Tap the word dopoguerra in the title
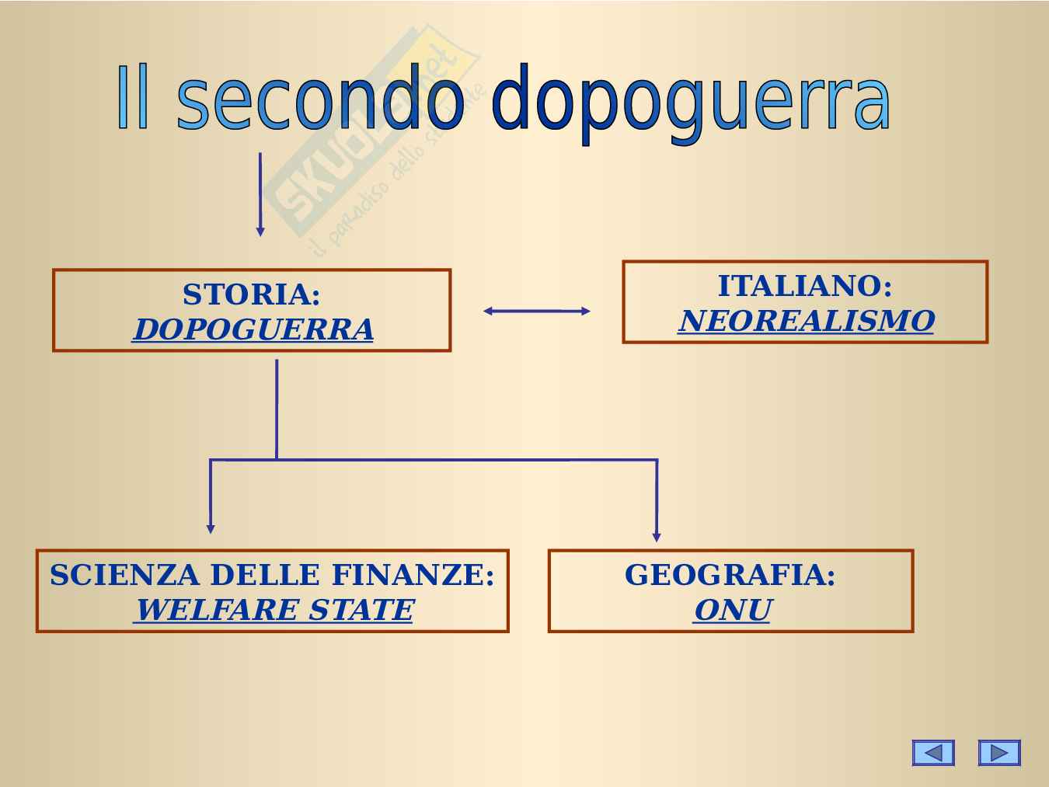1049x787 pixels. pyautogui.click(x=692, y=103)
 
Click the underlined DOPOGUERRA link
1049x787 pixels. pyautogui.click(x=253, y=329)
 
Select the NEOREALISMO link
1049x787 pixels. pyautogui.click(x=807, y=321)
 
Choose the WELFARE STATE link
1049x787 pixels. pyautogui.click(x=274, y=610)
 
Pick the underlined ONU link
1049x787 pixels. pyautogui.click(x=732, y=610)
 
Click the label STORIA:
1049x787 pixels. pyautogui.click(x=252, y=294)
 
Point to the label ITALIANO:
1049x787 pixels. pyautogui.click(x=805, y=286)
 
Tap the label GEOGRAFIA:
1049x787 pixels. pyautogui.click(x=730, y=574)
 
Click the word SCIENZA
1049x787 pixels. pyautogui.click(x=125, y=574)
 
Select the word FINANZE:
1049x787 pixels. pyautogui.click(x=413, y=574)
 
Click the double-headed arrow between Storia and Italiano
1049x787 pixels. pyautogui.click(x=537, y=311)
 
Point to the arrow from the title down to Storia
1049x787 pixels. pyautogui.click(x=260, y=194)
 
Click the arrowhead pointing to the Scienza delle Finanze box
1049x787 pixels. pyautogui.click(x=211, y=529)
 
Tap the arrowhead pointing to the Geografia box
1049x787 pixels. pyautogui.click(x=657, y=537)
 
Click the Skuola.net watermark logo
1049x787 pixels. pyautogui.click(x=373, y=138)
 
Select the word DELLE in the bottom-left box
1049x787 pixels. pyautogui.click(x=265, y=574)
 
